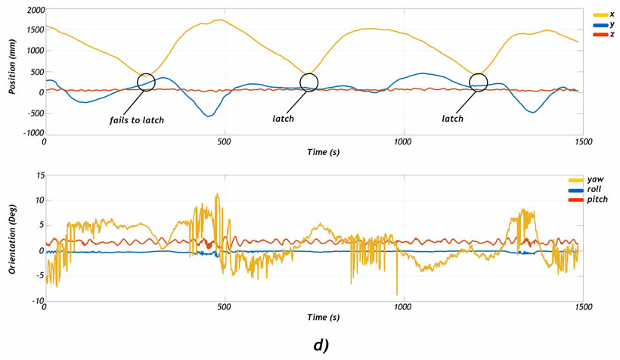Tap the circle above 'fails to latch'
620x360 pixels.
(x=147, y=82)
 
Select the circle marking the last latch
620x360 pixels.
(x=479, y=82)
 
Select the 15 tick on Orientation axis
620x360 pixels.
(x=33, y=175)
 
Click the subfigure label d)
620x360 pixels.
(x=321, y=344)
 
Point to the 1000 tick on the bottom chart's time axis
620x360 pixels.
(x=402, y=309)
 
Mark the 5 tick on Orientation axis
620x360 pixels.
(x=36, y=225)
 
